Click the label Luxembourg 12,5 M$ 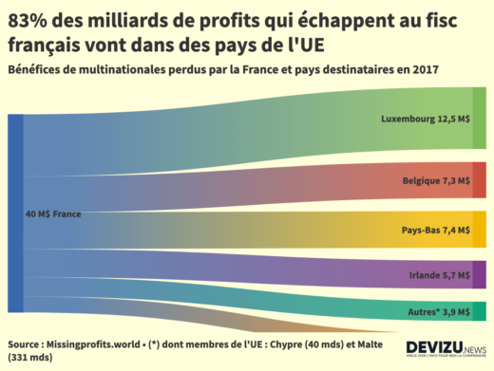point(425,120)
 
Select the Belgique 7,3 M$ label point(436,180)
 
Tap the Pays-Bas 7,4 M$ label point(436,230)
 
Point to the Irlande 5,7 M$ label point(439,275)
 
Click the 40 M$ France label point(53,214)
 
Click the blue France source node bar point(15,213)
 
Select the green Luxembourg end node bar point(479,119)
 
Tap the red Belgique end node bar point(479,180)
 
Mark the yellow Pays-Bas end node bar point(479,230)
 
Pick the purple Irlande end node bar point(479,275)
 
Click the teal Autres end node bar point(479,311)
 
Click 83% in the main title point(30,20)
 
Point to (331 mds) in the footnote point(30,358)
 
